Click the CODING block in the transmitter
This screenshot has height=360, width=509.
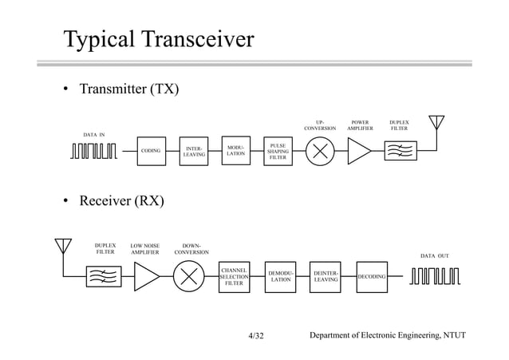point(151,150)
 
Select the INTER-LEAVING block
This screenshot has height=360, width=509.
point(194,150)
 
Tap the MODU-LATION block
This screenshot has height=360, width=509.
point(235,149)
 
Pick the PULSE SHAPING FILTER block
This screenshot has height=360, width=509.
point(278,152)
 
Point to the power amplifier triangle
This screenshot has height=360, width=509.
point(358,151)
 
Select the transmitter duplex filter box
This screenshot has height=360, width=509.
point(400,150)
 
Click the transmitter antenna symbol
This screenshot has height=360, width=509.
point(436,128)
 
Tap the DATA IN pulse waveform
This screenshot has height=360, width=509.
point(93,151)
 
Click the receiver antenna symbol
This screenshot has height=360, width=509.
point(63,251)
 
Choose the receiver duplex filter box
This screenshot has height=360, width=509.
point(104,276)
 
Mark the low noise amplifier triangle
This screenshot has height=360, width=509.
point(146,276)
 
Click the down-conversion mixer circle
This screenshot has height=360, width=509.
point(190,276)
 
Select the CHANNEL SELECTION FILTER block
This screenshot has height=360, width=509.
point(234,276)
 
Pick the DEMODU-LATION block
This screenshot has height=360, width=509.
point(280,276)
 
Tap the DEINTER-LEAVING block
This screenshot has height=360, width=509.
point(326,276)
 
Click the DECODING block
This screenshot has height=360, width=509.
point(371,276)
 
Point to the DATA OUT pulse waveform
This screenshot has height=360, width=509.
point(435,276)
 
